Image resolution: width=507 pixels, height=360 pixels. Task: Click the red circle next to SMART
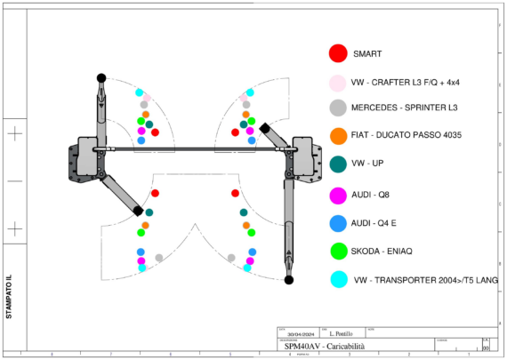pyautogui.click(x=338, y=54)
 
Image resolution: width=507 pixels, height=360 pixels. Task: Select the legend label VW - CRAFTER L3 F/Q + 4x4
pyautogui.click(x=405, y=83)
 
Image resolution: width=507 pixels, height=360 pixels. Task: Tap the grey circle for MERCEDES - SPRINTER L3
pyautogui.click(x=338, y=108)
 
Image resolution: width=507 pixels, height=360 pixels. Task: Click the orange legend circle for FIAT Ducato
pyautogui.click(x=338, y=136)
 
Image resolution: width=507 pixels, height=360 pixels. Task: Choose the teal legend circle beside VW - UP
pyautogui.click(x=338, y=164)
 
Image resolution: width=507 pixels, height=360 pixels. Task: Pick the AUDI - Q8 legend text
pyautogui.click(x=373, y=194)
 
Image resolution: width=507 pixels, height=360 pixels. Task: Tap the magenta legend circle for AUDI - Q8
pyautogui.click(x=338, y=194)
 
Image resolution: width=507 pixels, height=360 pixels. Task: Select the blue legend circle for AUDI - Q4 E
pyautogui.click(x=338, y=222)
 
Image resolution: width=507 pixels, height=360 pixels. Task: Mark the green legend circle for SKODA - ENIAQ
pyautogui.click(x=338, y=251)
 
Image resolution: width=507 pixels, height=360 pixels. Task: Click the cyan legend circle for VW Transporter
pyautogui.click(x=338, y=279)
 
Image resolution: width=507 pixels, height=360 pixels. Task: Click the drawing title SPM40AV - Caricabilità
pyautogui.click(x=326, y=345)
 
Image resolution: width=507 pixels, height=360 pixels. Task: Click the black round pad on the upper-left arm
pyautogui.click(x=101, y=78)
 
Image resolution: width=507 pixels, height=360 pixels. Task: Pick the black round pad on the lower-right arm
pyautogui.click(x=289, y=280)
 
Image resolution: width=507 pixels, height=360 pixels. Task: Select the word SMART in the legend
pyautogui.click(x=367, y=54)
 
